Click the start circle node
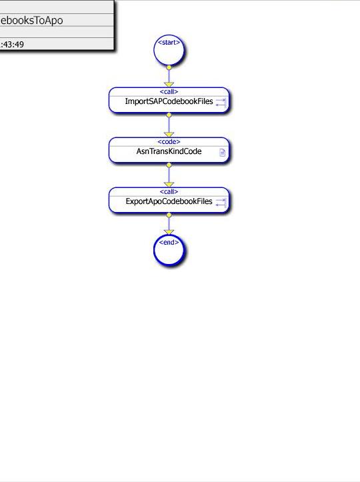point(169,50)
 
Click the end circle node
point(169,250)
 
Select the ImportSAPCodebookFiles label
point(169,101)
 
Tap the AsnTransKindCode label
point(169,151)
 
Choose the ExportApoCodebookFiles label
point(169,201)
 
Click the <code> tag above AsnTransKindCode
point(169,142)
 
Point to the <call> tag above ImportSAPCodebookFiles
point(169,91)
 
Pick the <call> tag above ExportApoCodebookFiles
point(169,191)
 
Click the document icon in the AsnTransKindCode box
point(222,152)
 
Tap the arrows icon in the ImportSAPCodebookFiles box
point(221,103)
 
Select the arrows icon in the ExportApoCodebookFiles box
point(221,202)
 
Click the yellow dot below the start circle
point(169,67)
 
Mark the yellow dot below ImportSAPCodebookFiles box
point(169,115)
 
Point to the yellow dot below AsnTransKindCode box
point(169,165)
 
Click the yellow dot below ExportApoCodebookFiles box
point(169,215)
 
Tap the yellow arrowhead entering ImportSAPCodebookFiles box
point(169,85)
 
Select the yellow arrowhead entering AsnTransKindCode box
point(169,135)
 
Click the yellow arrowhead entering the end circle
point(169,232)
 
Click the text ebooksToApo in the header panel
point(31,20)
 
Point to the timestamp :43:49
point(12,45)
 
